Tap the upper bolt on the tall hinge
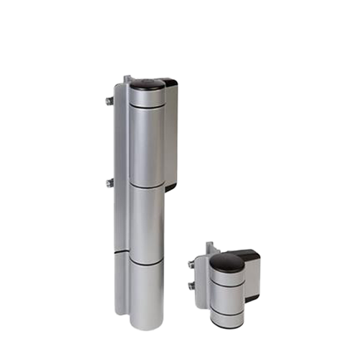(109, 101)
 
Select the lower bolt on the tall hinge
(109, 182)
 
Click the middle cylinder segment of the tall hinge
(147, 223)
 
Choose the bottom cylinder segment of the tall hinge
(147, 294)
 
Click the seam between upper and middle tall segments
(147, 185)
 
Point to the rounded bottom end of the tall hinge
(147, 326)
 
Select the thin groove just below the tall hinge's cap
(147, 106)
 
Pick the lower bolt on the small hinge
(191, 286)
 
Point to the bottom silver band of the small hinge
(226, 318)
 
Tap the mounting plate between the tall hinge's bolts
(118, 142)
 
